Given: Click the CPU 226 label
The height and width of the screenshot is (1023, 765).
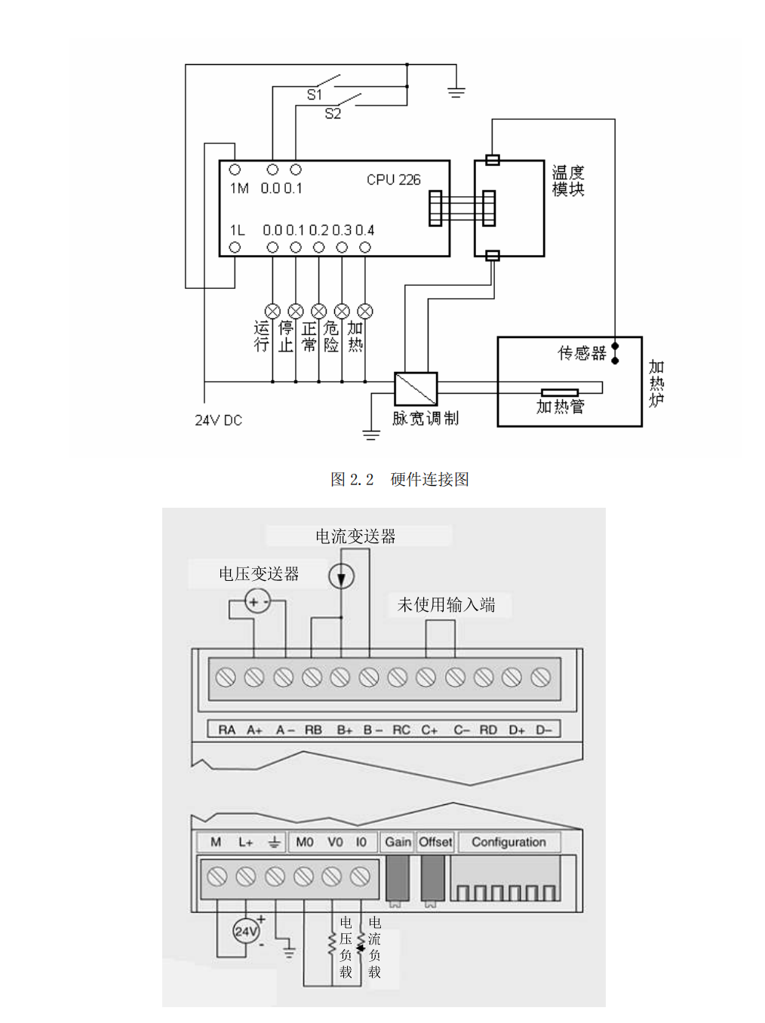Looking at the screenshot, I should (x=393, y=180).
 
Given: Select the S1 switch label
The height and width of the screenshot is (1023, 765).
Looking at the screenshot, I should (x=315, y=94).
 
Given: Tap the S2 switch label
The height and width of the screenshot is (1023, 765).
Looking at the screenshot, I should (x=333, y=114).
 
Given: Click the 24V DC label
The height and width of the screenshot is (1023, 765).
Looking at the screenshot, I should (x=218, y=420).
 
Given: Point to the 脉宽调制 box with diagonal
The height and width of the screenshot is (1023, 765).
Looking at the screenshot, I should (x=416, y=389).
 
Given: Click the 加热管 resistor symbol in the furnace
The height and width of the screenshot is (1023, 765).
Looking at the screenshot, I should (x=560, y=392).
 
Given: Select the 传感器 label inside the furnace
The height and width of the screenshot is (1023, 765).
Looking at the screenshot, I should (x=582, y=353).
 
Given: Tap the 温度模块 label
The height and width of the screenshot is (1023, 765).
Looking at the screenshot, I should (x=568, y=181).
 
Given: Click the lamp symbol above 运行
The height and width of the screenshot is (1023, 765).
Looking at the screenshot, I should (x=272, y=311).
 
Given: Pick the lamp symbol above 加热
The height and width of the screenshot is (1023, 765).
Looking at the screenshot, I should (x=365, y=311).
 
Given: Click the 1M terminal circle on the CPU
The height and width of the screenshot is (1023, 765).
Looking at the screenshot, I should (x=235, y=170).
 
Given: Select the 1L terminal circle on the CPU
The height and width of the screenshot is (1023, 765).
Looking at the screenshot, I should (x=235, y=247).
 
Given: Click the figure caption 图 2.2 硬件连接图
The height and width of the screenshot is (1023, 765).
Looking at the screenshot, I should (x=400, y=479).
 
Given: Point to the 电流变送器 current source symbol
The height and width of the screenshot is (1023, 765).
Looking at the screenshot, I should (x=341, y=577).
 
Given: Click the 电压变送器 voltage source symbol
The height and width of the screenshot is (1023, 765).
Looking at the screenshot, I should (x=257, y=602).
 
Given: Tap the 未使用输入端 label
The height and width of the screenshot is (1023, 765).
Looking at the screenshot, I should (x=446, y=605).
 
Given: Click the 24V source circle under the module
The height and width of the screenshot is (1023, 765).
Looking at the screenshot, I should (x=246, y=931).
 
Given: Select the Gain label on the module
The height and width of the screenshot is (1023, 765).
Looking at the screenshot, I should (x=398, y=842).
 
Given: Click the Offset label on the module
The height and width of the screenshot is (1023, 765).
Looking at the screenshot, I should (x=435, y=842).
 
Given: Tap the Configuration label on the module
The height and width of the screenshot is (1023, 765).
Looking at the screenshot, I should (x=508, y=842).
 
